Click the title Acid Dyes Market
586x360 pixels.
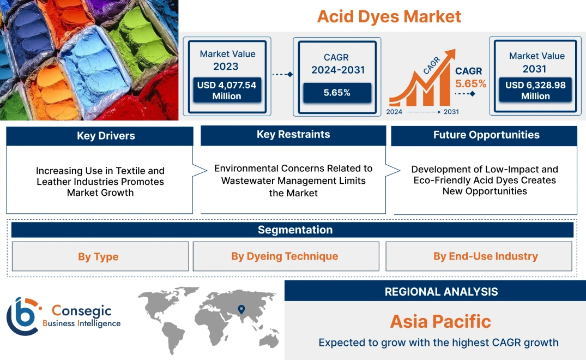[389, 16]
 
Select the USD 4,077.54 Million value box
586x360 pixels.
[226, 91]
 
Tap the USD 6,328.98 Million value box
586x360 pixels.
[535, 91]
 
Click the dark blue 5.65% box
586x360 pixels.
[337, 93]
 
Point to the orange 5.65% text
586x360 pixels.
[471, 84]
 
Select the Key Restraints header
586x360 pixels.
[293, 135]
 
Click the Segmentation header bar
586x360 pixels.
[295, 230]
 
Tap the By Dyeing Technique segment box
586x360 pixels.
[285, 256]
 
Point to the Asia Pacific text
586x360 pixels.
[440, 321]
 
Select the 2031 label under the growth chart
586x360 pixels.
[451, 112]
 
